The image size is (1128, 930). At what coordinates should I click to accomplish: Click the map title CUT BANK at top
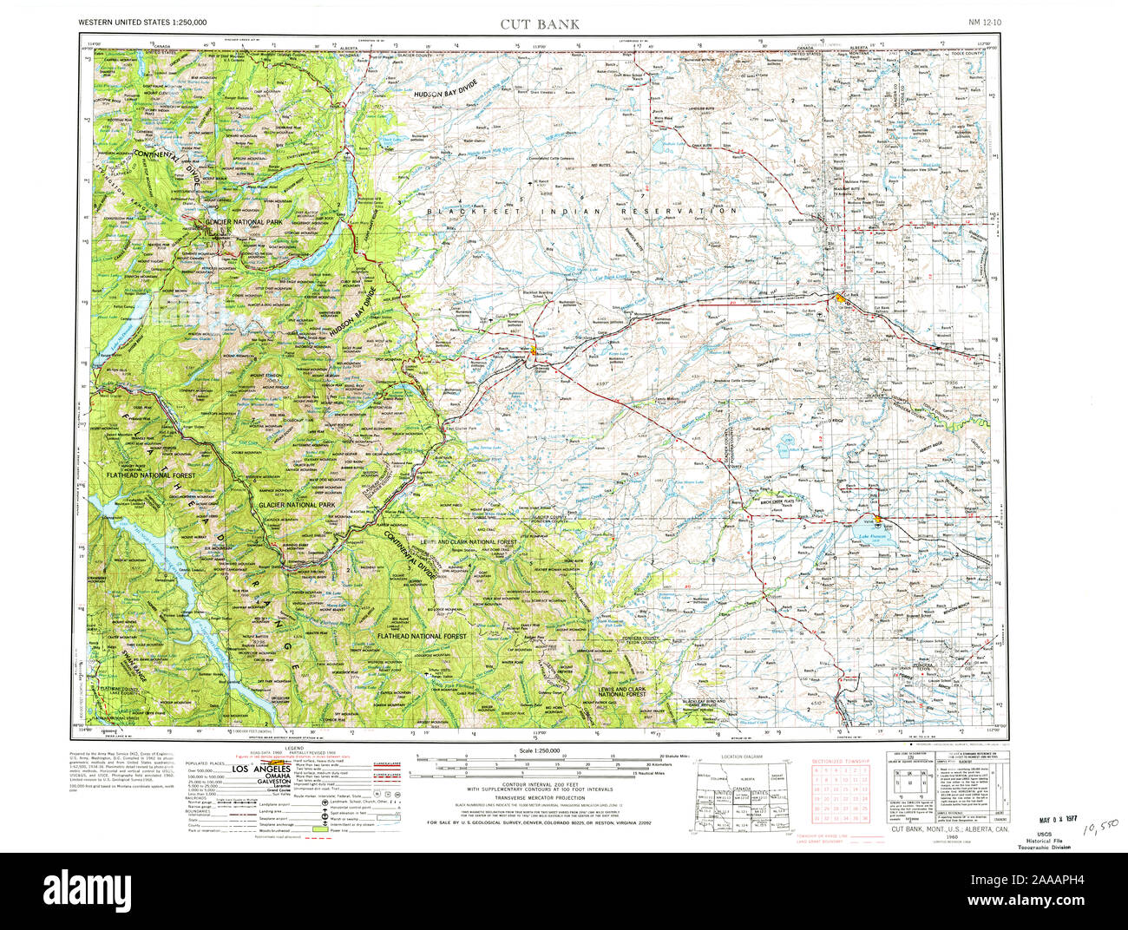(x=539, y=23)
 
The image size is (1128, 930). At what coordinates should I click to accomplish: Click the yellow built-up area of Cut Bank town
(x=842, y=298)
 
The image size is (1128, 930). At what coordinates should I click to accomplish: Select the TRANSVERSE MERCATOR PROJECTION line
(x=539, y=797)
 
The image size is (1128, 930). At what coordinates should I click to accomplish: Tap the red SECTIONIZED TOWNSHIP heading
(x=839, y=761)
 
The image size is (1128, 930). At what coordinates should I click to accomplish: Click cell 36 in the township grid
(x=863, y=817)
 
